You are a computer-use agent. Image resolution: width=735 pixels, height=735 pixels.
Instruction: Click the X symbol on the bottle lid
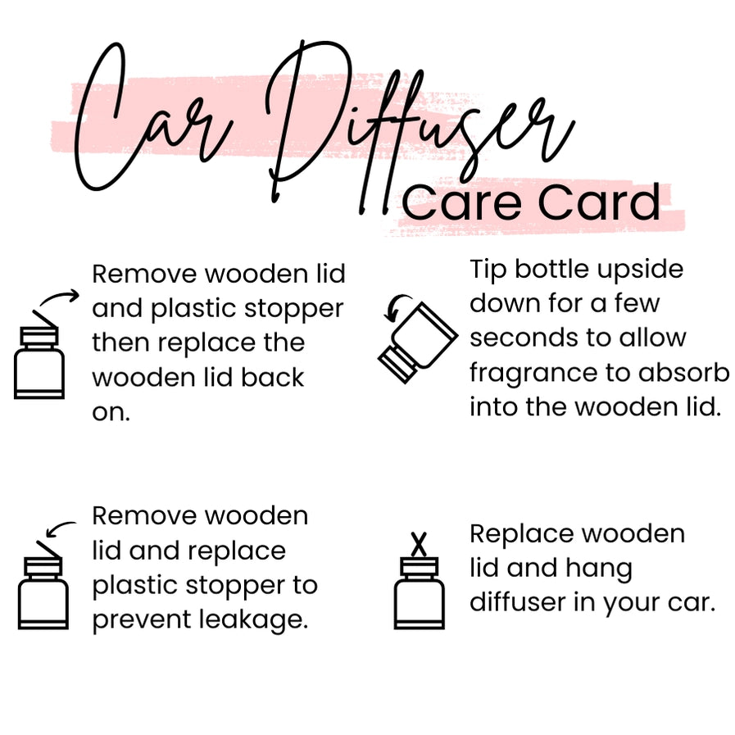[419, 543]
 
